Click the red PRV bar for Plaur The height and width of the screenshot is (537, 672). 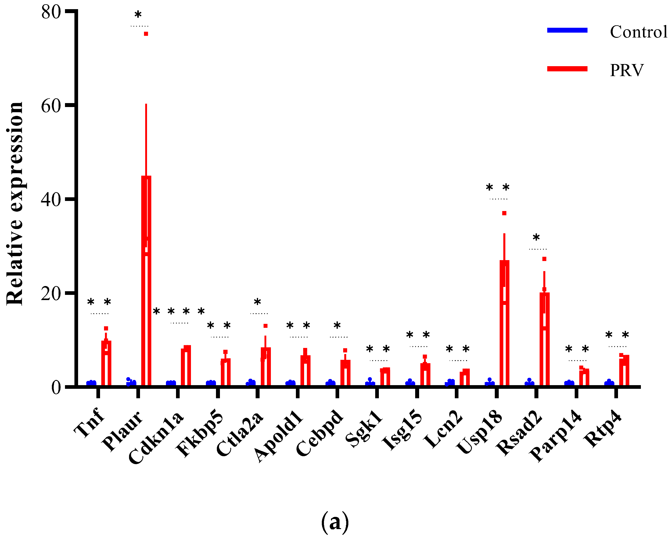point(146,281)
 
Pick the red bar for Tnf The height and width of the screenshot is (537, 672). point(106,363)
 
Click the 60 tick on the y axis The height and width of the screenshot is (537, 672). point(51,106)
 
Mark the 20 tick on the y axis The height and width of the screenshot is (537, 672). point(51,293)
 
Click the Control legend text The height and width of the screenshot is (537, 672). point(638,32)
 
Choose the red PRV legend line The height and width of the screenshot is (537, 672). point(567,69)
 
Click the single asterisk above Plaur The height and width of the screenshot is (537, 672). point(138,15)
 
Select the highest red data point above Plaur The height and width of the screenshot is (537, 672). point(146,34)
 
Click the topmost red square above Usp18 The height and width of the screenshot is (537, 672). point(504,213)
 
